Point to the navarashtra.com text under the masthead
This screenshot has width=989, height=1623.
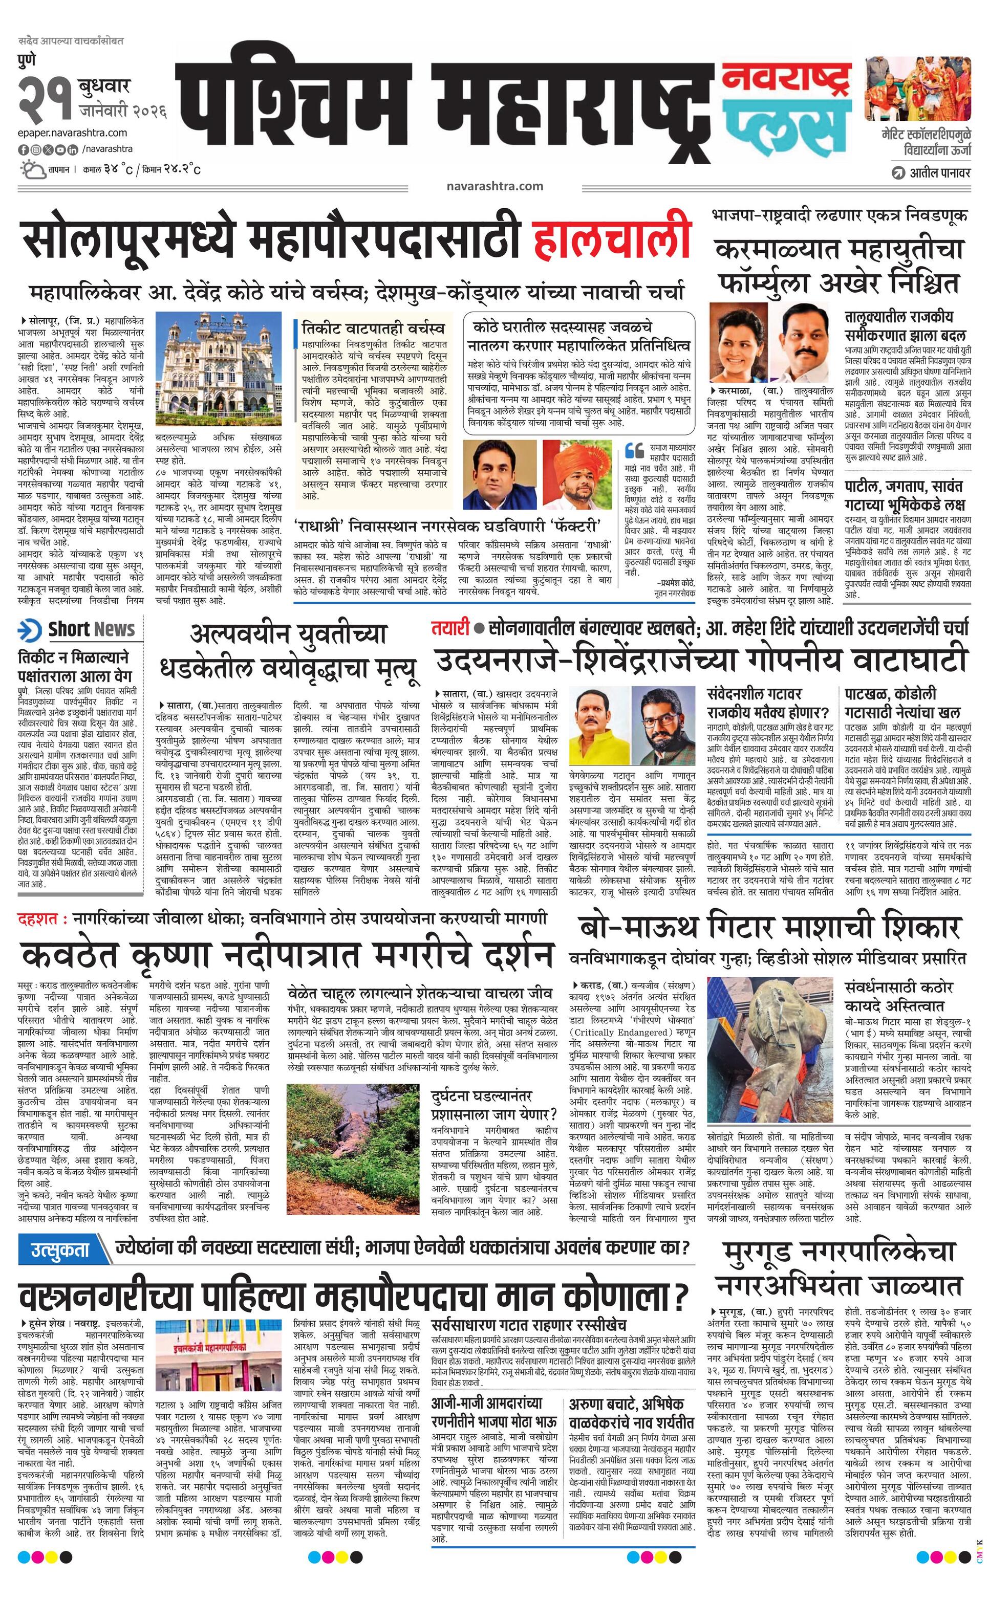[x=494, y=186]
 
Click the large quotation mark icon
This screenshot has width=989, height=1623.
[x=633, y=451]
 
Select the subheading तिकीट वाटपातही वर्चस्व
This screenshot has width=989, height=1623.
[x=373, y=328]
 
